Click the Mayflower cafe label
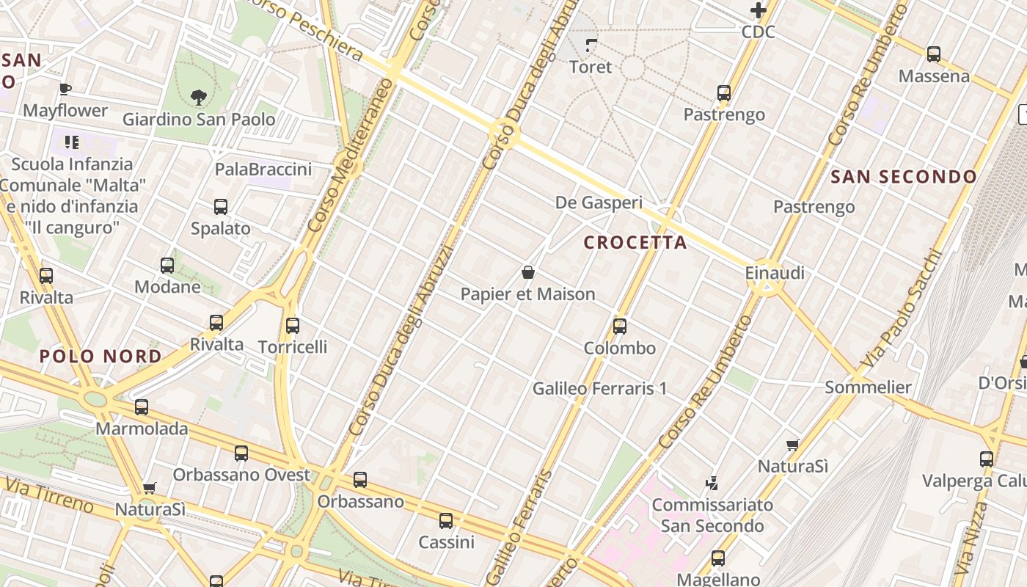click(x=65, y=111)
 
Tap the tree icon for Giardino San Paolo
click(x=198, y=96)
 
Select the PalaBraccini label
click(x=263, y=169)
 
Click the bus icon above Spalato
click(x=221, y=207)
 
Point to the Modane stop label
click(x=167, y=287)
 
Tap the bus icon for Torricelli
click(x=293, y=326)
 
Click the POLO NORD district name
click(x=100, y=357)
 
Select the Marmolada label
click(x=142, y=429)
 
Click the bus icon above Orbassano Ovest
click(x=241, y=453)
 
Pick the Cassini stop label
click(x=446, y=543)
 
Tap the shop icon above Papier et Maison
click(x=527, y=273)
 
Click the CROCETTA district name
click(x=635, y=243)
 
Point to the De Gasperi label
click(x=599, y=203)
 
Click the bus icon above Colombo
click(x=620, y=327)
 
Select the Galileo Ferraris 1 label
click(x=600, y=388)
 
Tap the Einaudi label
click(x=775, y=273)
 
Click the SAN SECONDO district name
click(x=904, y=177)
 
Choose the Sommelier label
click(x=869, y=387)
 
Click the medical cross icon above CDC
click(x=759, y=10)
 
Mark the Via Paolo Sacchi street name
click(x=902, y=310)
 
